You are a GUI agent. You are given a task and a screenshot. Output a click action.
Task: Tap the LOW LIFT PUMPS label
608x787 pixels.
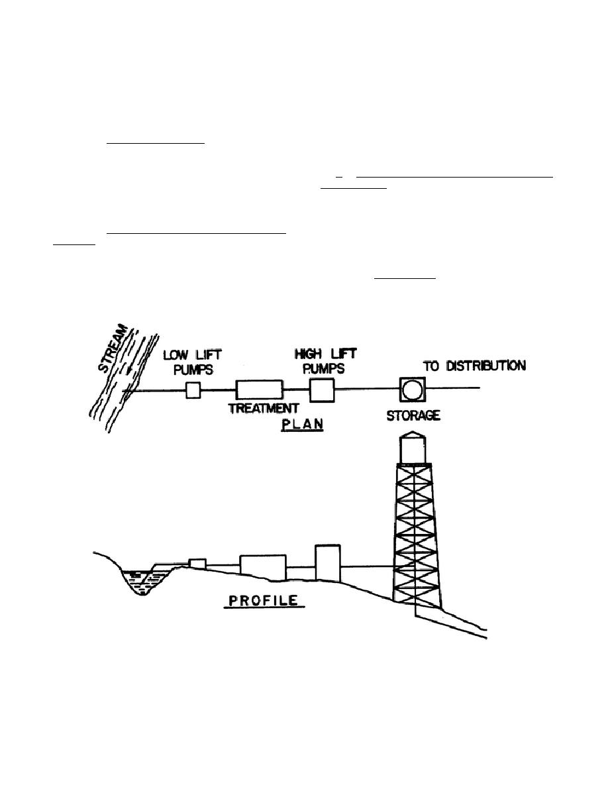pyautogui.click(x=188, y=362)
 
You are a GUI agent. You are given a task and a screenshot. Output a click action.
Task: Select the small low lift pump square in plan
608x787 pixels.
pyautogui.click(x=192, y=390)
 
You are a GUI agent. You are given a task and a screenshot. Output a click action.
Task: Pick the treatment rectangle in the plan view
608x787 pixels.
pyautogui.click(x=260, y=390)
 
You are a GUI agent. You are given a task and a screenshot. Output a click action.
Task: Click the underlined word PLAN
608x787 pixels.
pyautogui.click(x=301, y=424)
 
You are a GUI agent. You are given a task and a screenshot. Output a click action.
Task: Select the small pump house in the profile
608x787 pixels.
pyautogui.click(x=197, y=563)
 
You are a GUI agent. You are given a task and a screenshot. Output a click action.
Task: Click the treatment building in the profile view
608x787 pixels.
pyautogui.click(x=262, y=566)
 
